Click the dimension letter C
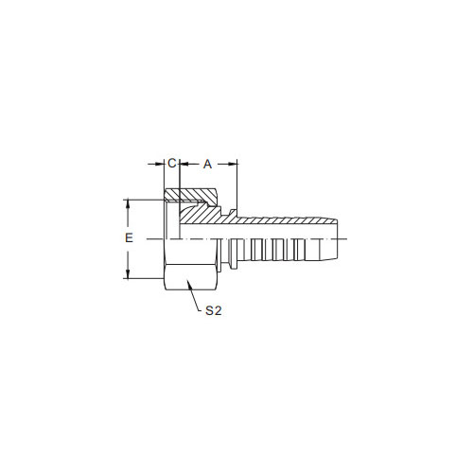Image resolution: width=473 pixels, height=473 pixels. tap(172, 164)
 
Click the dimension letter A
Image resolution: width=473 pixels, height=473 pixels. tap(207, 165)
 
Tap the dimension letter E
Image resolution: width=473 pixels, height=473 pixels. tap(129, 238)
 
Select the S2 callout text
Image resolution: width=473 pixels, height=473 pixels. tap(214, 310)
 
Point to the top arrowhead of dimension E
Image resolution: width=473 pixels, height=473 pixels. tap(128, 203)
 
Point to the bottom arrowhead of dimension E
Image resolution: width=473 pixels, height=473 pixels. tap(128, 274)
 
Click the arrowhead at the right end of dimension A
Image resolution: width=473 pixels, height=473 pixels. tap(233, 164)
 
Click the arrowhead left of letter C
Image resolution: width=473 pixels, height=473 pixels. tap(160, 164)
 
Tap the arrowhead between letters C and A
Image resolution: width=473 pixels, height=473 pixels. tap(184, 164)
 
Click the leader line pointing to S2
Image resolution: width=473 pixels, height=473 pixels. tap(193, 296)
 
